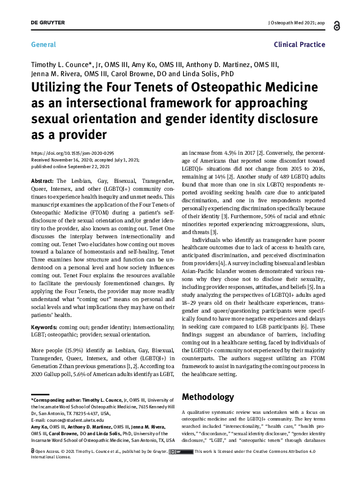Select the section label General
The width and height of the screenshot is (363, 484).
click(43, 44)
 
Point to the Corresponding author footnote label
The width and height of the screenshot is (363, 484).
click(57, 399)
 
